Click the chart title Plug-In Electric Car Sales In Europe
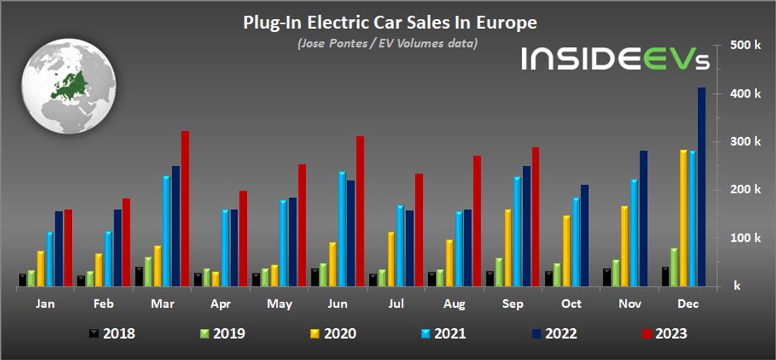tap(390, 23)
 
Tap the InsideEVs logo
tap(615, 58)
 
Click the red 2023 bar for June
tap(360, 211)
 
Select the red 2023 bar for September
tap(535, 217)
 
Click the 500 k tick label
tap(740, 45)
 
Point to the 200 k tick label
tap(740, 189)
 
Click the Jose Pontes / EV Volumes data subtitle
tap(387, 43)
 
